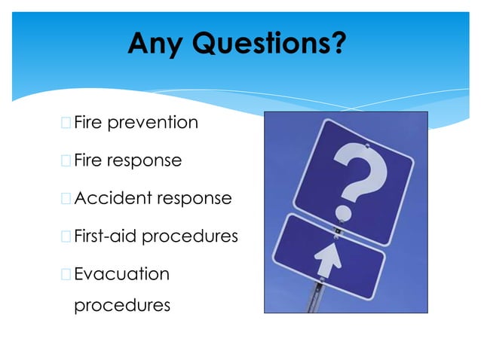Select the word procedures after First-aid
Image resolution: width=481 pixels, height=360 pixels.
(x=190, y=237)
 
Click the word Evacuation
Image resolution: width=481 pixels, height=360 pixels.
(x=121, y=274)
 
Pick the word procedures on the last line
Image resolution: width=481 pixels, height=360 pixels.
(x=121, y=306)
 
